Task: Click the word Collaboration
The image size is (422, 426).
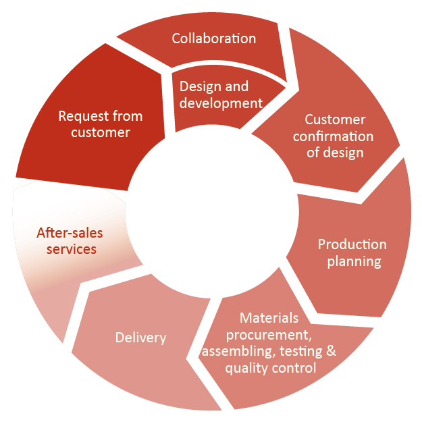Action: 214,38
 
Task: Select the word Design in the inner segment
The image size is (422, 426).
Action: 195,87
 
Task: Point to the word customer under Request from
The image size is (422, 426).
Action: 101,132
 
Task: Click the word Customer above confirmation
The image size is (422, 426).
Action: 335,119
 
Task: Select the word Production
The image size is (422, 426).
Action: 352,244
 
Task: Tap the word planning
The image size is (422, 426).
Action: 354,261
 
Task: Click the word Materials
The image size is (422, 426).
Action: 269,318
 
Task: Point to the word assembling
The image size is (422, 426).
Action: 232,352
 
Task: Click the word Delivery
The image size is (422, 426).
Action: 140,338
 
